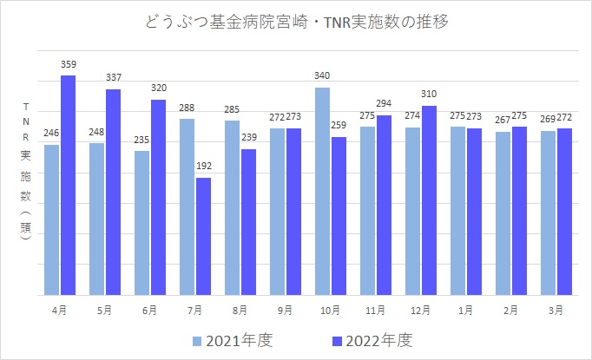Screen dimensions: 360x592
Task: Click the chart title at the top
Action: pyautogui.click(x=296, y=21)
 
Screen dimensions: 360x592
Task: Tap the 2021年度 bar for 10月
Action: pyautogui.click(x=322, y=191)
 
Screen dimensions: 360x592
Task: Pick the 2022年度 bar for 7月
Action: pyautogui.click(x=204, y=236)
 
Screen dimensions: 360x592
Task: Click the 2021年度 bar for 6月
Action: pyautogui.click(x=141, y=222)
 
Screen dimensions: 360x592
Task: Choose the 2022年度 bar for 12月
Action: pyautogui.click(x=429, y=200)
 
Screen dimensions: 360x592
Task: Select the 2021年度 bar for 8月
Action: pyautogui.click(x=232, y=207)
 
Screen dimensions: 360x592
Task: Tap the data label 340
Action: pyautogui.click(x=322, y=76)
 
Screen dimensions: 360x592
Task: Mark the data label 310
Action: pyautogui.click(x=429, y=95)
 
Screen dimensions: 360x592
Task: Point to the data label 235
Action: pyautogui.click(x=141, y=141)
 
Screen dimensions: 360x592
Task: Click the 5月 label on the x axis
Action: pyautogui.click(x=104, y=309)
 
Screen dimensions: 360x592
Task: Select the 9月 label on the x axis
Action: pyautogui.click(x=285, y=309)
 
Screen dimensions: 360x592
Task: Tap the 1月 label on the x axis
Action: pyautogui.click(x=466, y=309)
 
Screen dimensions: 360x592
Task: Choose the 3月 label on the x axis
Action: pyautogui.click(x=556, y=309)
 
